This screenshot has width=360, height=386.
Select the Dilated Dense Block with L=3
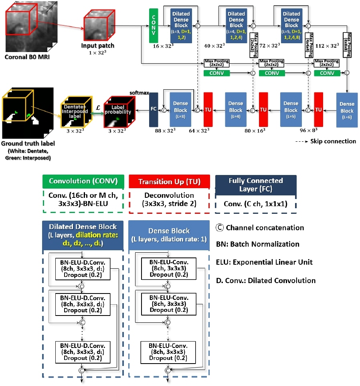181,24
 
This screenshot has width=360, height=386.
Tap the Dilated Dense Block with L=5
291,24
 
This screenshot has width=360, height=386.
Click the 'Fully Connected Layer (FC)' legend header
255,185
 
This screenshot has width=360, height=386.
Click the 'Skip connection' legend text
333,141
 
